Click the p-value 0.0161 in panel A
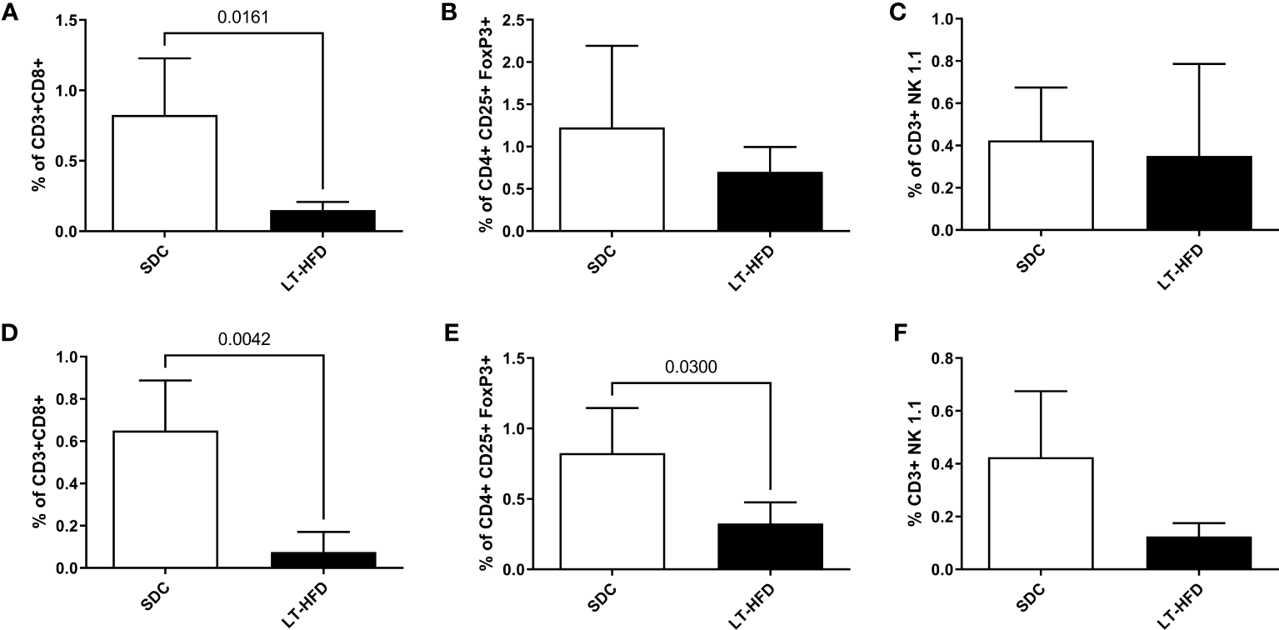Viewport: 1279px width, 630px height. point(243,15)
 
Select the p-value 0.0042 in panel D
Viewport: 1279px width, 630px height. point(243,338)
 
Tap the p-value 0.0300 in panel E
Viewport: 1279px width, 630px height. point(691,366)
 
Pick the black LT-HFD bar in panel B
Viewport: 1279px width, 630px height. point(771,201)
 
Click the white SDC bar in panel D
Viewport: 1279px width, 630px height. point(165,499)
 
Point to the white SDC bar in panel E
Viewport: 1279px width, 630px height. point(612,512)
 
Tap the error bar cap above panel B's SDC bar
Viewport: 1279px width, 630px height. point(612,46)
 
